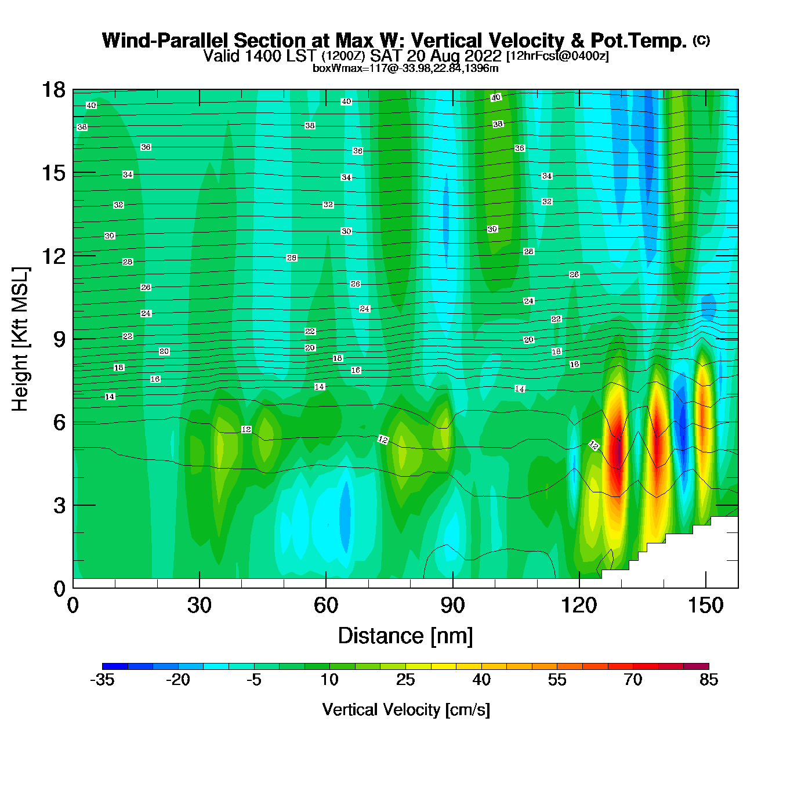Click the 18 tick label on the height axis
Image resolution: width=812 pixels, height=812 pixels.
coord(53,90)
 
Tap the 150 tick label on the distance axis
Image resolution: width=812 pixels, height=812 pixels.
coord(705,606)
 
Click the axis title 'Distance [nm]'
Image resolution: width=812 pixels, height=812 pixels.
coord(405,636)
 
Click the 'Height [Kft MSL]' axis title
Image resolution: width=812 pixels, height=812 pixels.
coord(20,339)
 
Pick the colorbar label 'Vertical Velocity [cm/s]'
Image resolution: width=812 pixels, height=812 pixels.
coord(405,709)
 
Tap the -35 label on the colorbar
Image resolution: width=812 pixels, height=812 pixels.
coord(102,680)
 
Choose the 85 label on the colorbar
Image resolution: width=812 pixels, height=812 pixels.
coord(709,680)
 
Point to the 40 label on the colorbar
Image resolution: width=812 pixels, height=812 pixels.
coord(481,680)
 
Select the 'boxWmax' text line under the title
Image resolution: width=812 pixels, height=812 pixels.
coord(405,68)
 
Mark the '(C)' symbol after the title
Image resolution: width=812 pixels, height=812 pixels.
coord(701,40)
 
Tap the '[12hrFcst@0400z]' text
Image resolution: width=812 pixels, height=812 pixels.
coord(557,56)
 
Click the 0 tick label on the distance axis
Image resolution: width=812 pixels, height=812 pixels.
coord(73,606)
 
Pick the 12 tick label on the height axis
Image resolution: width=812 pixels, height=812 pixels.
coord(53,256)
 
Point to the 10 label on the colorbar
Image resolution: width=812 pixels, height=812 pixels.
coord(329,680)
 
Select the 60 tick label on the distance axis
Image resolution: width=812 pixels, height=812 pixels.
coord(326,606)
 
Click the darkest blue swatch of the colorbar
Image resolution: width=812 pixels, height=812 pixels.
coord(115,666)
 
